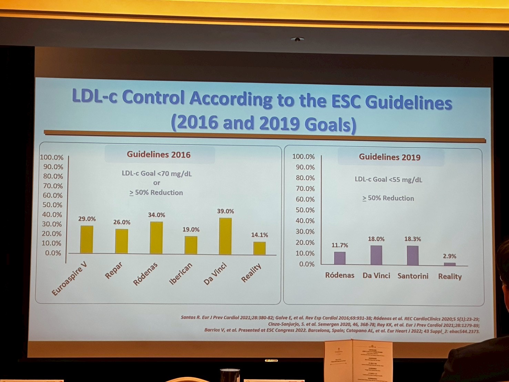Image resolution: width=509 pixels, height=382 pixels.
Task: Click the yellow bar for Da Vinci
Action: [225, 236]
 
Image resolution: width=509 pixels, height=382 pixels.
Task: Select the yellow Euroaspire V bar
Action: [86, 240]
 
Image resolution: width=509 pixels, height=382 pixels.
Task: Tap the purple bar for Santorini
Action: [413, 255]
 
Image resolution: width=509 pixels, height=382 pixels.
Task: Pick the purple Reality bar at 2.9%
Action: [449, 264]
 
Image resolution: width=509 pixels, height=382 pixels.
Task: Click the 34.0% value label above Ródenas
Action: [156, 215]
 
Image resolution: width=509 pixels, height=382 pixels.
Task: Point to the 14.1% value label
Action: [259, 235]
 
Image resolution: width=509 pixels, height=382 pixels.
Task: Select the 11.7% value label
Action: [340, 245]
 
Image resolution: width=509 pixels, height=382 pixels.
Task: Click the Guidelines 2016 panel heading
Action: [159, 154]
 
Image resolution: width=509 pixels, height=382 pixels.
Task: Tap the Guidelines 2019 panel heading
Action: [390, 157]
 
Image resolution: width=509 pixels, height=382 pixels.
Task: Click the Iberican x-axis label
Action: [181, 273]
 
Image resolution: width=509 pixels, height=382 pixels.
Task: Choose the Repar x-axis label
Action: [114, 270]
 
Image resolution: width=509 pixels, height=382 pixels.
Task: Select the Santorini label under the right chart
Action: [413, 276]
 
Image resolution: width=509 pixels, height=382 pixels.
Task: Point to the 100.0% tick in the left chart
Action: [52, 157]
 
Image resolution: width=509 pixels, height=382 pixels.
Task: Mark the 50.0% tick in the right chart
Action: [305, 210]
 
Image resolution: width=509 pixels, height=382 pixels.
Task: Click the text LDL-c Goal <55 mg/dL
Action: [388, 179]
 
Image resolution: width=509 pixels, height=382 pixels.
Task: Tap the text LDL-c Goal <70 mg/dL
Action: [157, 173]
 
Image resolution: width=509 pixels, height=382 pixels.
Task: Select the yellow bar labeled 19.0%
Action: [191, 245]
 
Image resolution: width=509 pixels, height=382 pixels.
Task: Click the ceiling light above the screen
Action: [297, 39]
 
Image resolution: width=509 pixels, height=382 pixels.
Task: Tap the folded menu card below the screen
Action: [358, 360]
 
